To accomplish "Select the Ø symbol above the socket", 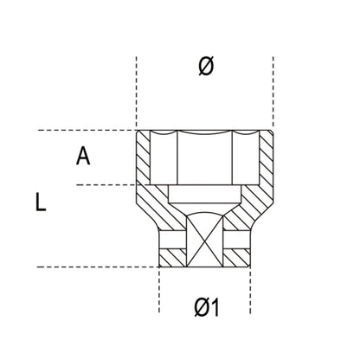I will tap(204, 66).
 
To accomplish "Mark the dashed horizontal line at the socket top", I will tap(87, 130).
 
